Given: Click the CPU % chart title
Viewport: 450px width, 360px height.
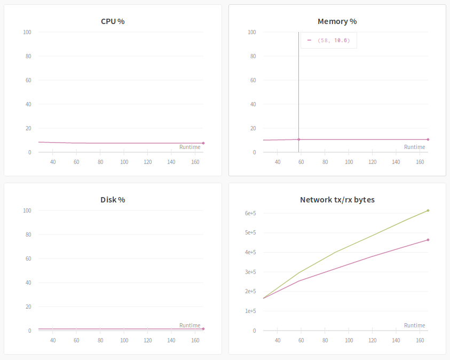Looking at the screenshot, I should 113,21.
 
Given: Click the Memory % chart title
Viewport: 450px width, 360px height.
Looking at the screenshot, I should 337,21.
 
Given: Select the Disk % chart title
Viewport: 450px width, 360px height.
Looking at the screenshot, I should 113,200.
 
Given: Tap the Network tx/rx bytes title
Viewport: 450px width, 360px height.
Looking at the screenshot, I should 337,200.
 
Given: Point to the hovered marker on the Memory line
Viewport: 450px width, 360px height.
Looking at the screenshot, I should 298,139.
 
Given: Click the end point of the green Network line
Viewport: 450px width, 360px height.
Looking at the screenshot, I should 428,210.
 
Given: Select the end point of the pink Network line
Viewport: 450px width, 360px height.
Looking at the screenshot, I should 428,240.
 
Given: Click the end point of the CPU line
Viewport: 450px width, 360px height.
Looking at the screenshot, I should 203,143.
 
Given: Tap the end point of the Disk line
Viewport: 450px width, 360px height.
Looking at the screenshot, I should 203,329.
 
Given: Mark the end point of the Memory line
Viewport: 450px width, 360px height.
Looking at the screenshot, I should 428,139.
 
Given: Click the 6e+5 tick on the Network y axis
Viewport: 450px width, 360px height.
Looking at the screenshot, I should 250,213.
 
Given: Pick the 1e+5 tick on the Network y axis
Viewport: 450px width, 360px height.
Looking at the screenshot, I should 250,311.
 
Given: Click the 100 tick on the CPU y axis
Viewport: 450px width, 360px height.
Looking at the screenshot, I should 27,32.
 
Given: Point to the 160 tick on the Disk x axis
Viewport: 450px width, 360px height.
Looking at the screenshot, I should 195,340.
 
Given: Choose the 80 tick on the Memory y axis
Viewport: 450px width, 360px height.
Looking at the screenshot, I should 252,56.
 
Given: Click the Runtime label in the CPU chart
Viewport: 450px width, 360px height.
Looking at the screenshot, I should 190,147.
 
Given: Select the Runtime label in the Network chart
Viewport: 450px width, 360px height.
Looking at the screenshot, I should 414,325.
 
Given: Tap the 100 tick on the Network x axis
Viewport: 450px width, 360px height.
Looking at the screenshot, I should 349,340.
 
